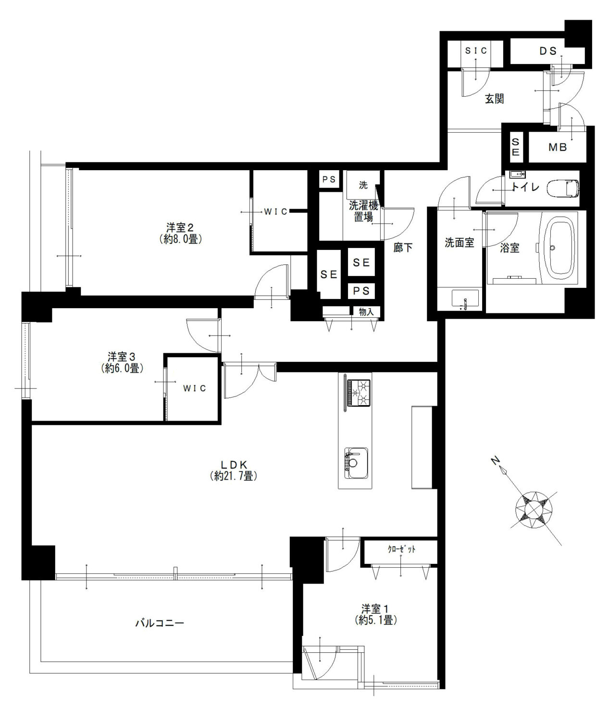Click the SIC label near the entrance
(x=476, y=51)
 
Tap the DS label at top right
(x=548, y=51)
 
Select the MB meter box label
(x=558, y=147)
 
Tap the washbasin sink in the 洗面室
(x=465, y=298)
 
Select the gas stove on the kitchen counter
(x=359, y=393)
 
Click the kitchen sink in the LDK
(x=356, y=463)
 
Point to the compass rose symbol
(x=534, y=510)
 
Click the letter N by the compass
(x=496, y=460)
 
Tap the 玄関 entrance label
(x=495, y=99)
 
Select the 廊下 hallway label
(x=403, y=247)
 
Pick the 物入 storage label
(x=366, y=312)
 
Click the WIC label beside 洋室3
(x=195, y=388)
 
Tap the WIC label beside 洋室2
(x=276, y=211)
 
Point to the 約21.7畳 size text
(x=234, y=476)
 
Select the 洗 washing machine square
(x=363, y=185)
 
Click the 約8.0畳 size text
(x=181, y=239)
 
